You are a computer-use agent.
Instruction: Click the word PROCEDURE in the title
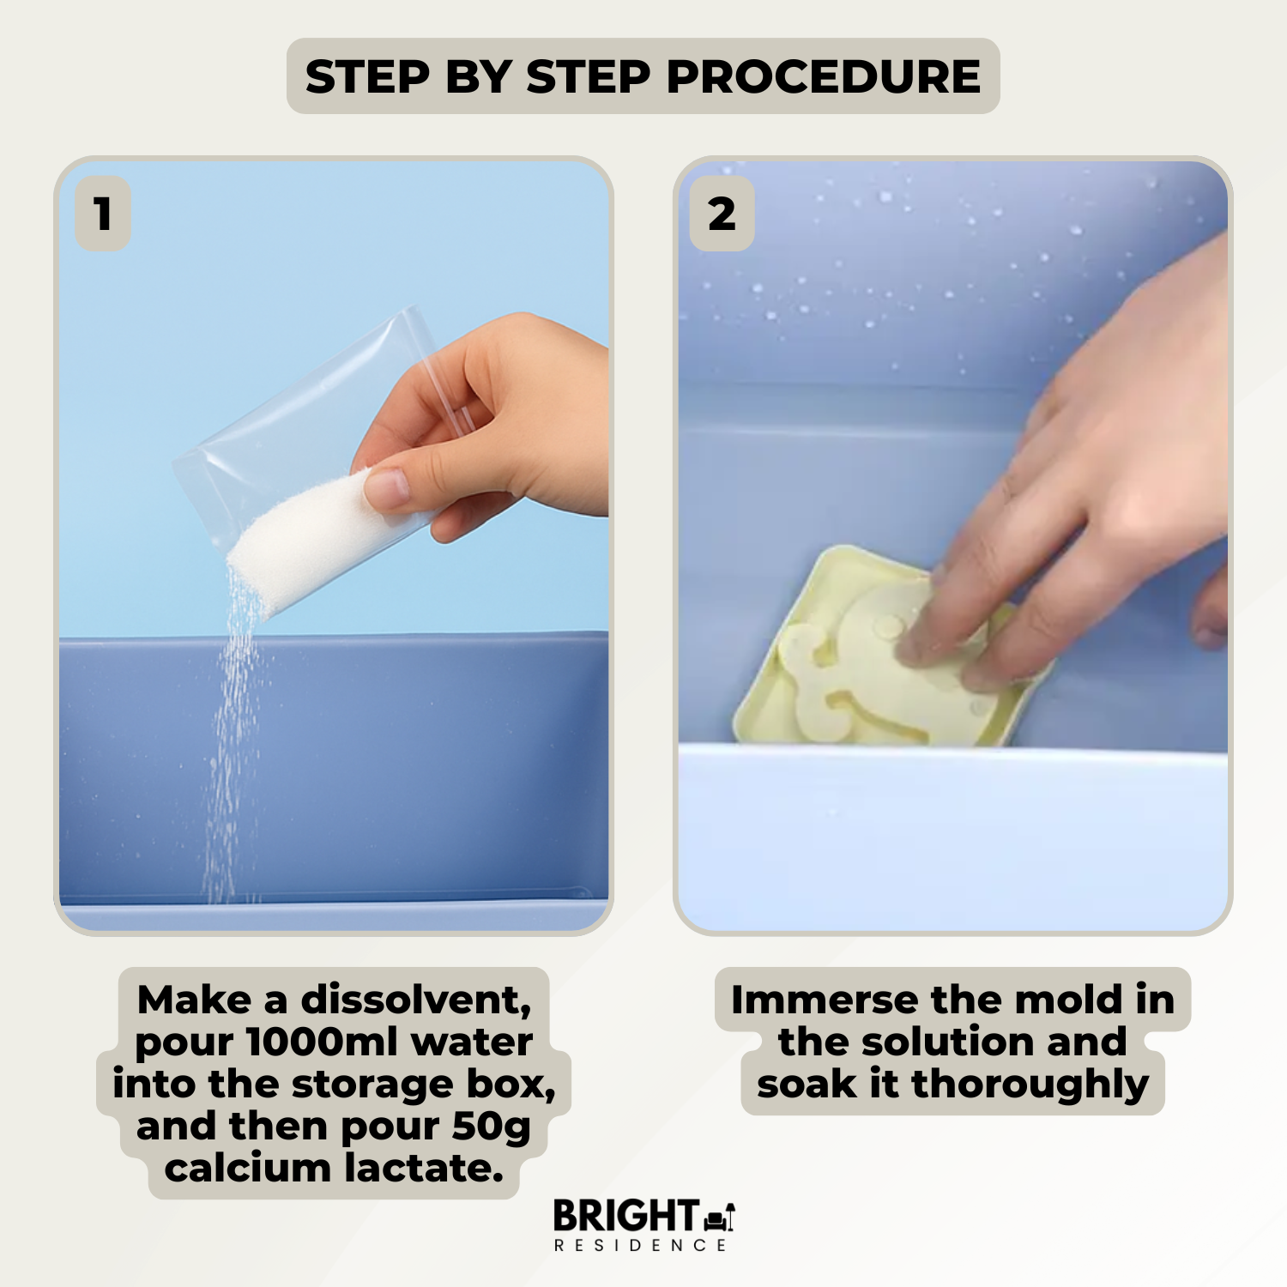[x=823, y=76]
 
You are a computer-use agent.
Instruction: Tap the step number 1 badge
[x=103, y=214]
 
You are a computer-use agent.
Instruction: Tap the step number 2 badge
[x=722, y=214]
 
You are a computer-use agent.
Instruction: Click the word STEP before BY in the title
[x=367, y=76]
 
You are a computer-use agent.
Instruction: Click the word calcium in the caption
[x=248, y=1168]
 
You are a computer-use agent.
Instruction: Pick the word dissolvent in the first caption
[x=416, y=1000]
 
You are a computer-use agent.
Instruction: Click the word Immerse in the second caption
[x=825, y=1000]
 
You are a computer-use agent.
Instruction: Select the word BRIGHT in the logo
[x=625, y=1216]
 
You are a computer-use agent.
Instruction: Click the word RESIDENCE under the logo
[x=640, y=1245]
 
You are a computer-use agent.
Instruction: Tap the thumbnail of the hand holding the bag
[x=334, y=546]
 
